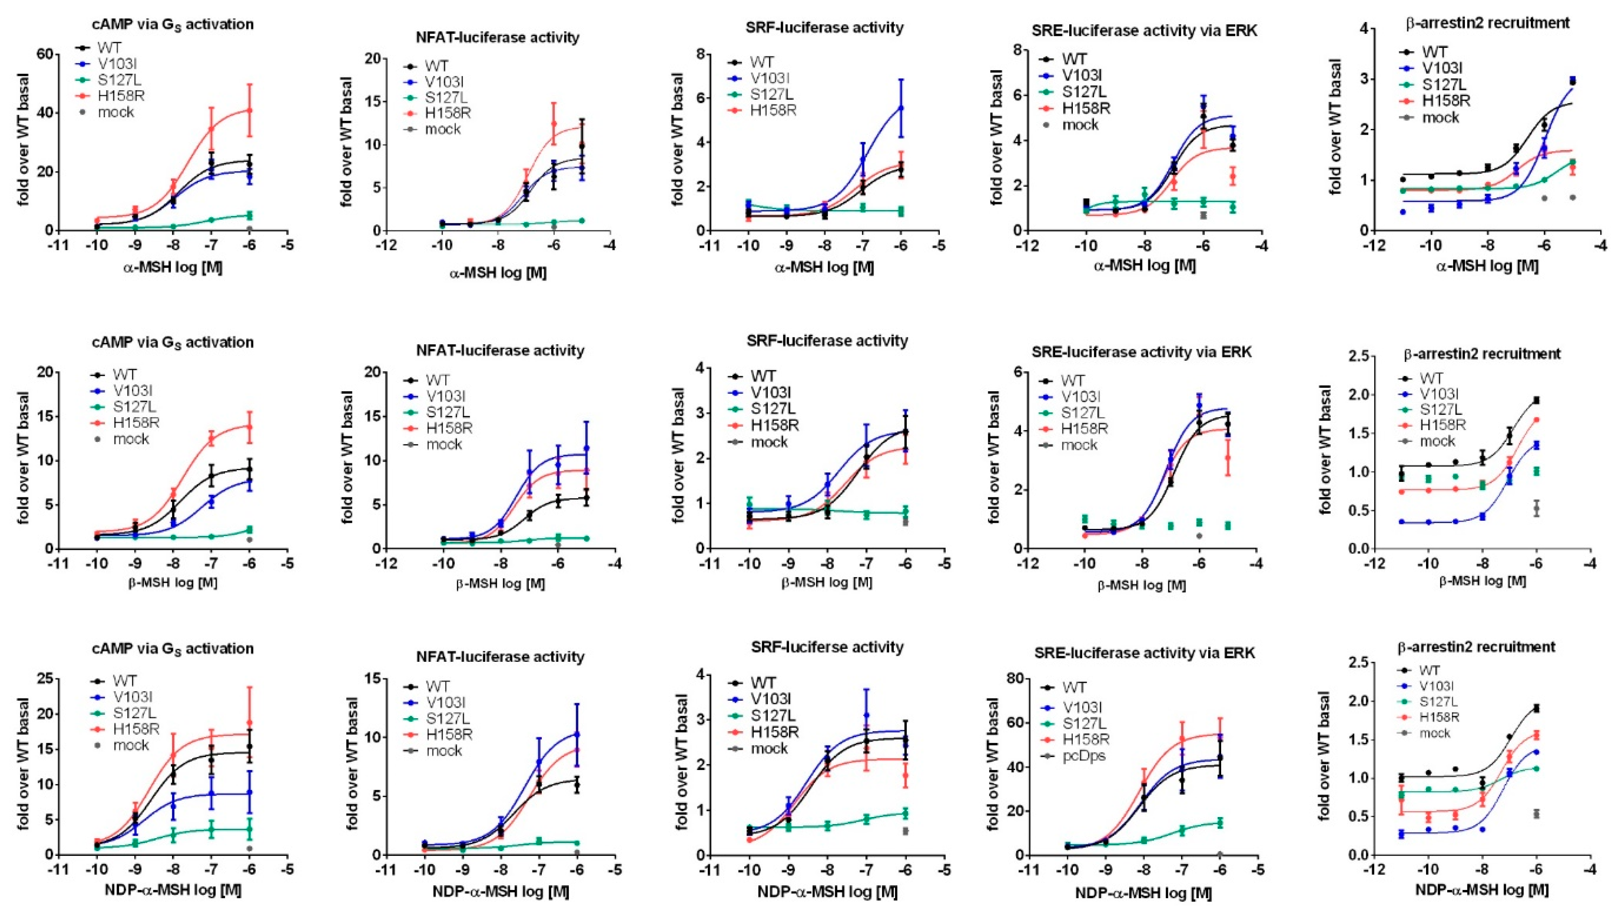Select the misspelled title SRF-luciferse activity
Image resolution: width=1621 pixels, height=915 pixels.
coord(827,647)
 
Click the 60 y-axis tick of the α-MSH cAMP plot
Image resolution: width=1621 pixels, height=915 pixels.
coord(44,55)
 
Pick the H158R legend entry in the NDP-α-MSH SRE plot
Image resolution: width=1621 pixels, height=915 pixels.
coord(1086,739)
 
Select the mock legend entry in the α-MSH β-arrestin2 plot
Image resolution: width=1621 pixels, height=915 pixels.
coord(1440,118)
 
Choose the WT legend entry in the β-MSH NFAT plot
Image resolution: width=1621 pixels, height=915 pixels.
coord(437,380)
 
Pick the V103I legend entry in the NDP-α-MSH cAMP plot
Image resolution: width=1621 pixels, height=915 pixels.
coord(132,697)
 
